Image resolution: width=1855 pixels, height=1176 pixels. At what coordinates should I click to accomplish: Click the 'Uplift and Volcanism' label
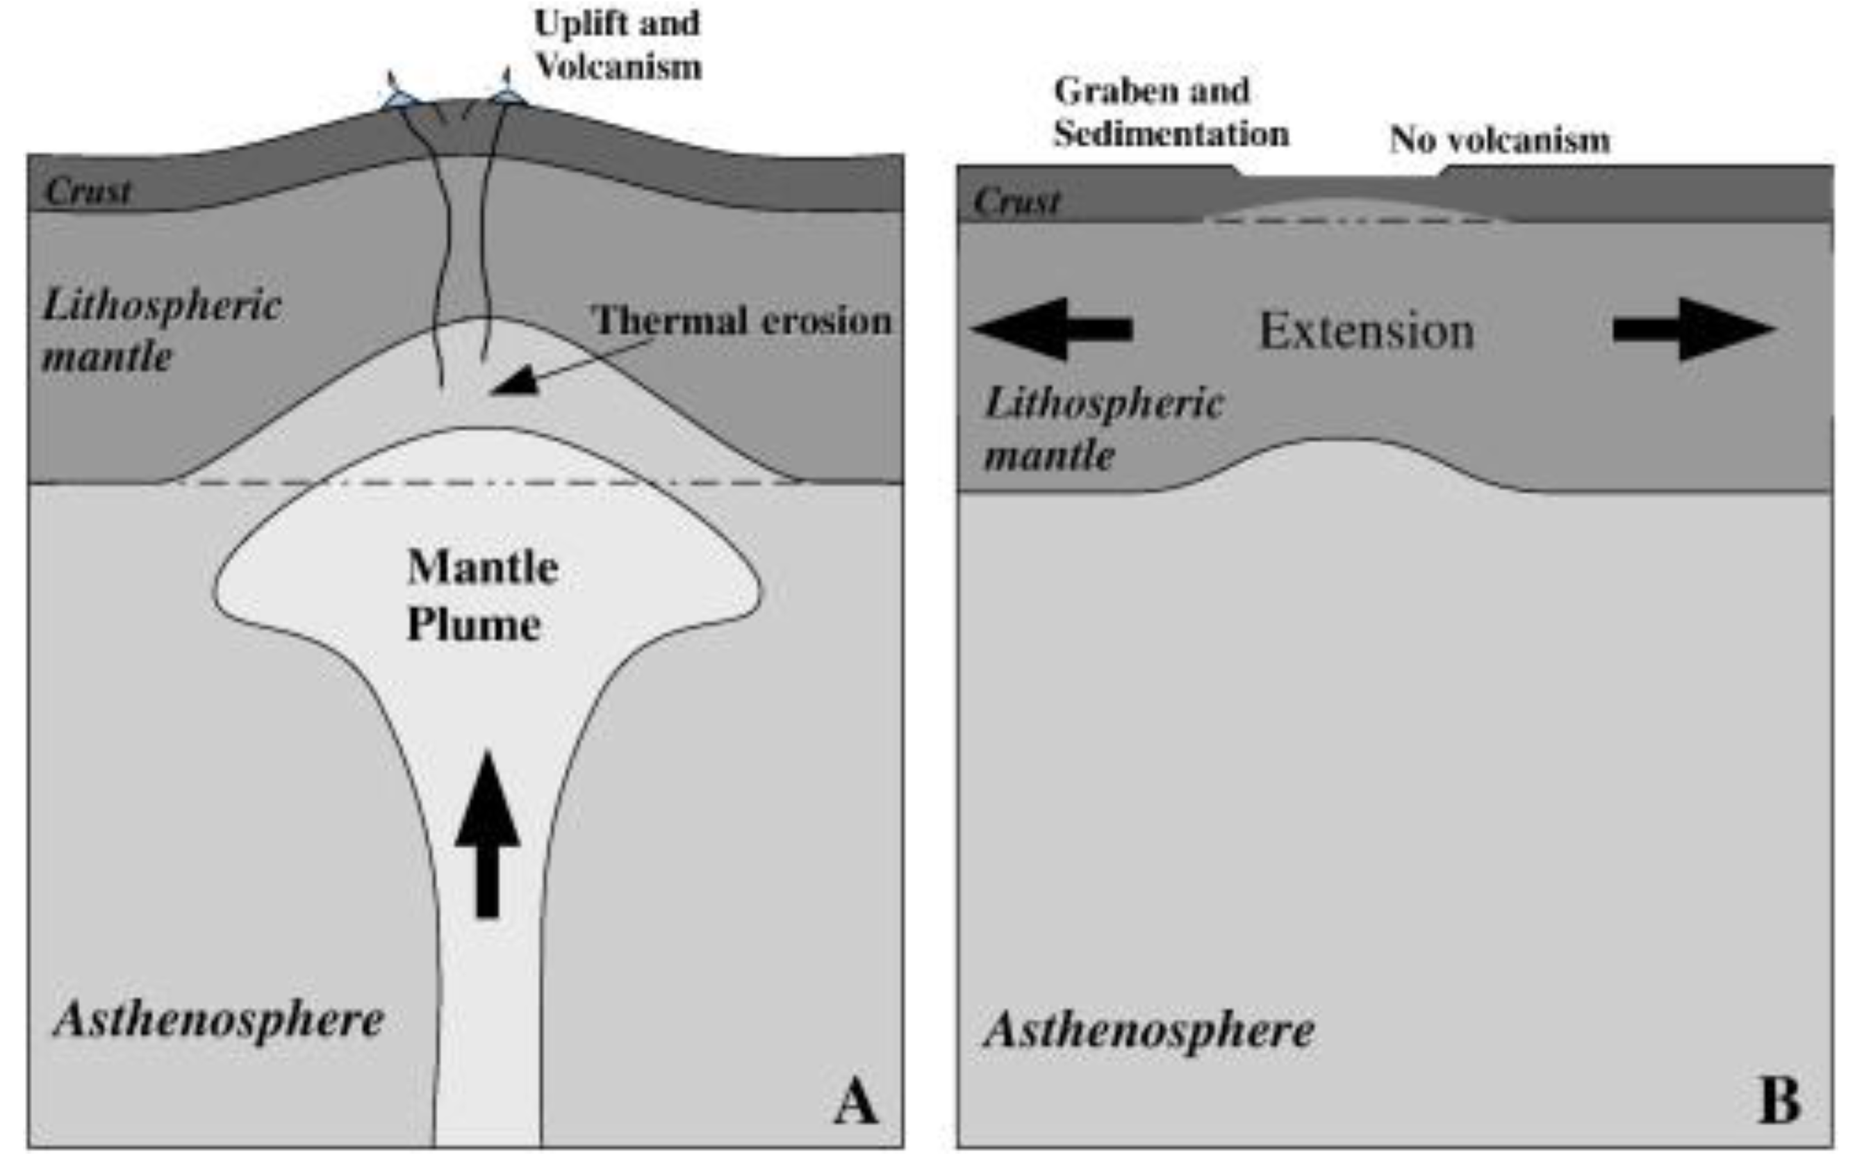(618, 44)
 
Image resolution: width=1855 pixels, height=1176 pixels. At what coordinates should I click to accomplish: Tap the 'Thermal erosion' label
(741, 320)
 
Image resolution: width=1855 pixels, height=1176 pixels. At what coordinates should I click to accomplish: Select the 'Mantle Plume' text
(482, 595)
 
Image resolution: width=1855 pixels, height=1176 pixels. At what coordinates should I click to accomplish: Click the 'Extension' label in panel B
(1367, 332)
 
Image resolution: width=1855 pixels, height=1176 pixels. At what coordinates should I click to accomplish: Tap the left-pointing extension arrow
(1052, 329)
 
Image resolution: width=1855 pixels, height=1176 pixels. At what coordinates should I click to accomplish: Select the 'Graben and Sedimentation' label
(1171, 113)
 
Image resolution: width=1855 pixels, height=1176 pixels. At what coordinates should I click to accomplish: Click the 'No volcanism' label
(1499, 140)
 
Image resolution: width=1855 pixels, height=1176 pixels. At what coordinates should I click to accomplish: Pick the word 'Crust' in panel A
(88, 191)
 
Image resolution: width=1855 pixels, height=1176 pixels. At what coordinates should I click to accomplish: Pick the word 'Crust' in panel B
(1017, 202)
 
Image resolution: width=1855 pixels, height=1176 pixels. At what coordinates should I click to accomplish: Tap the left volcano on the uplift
(399, 97)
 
